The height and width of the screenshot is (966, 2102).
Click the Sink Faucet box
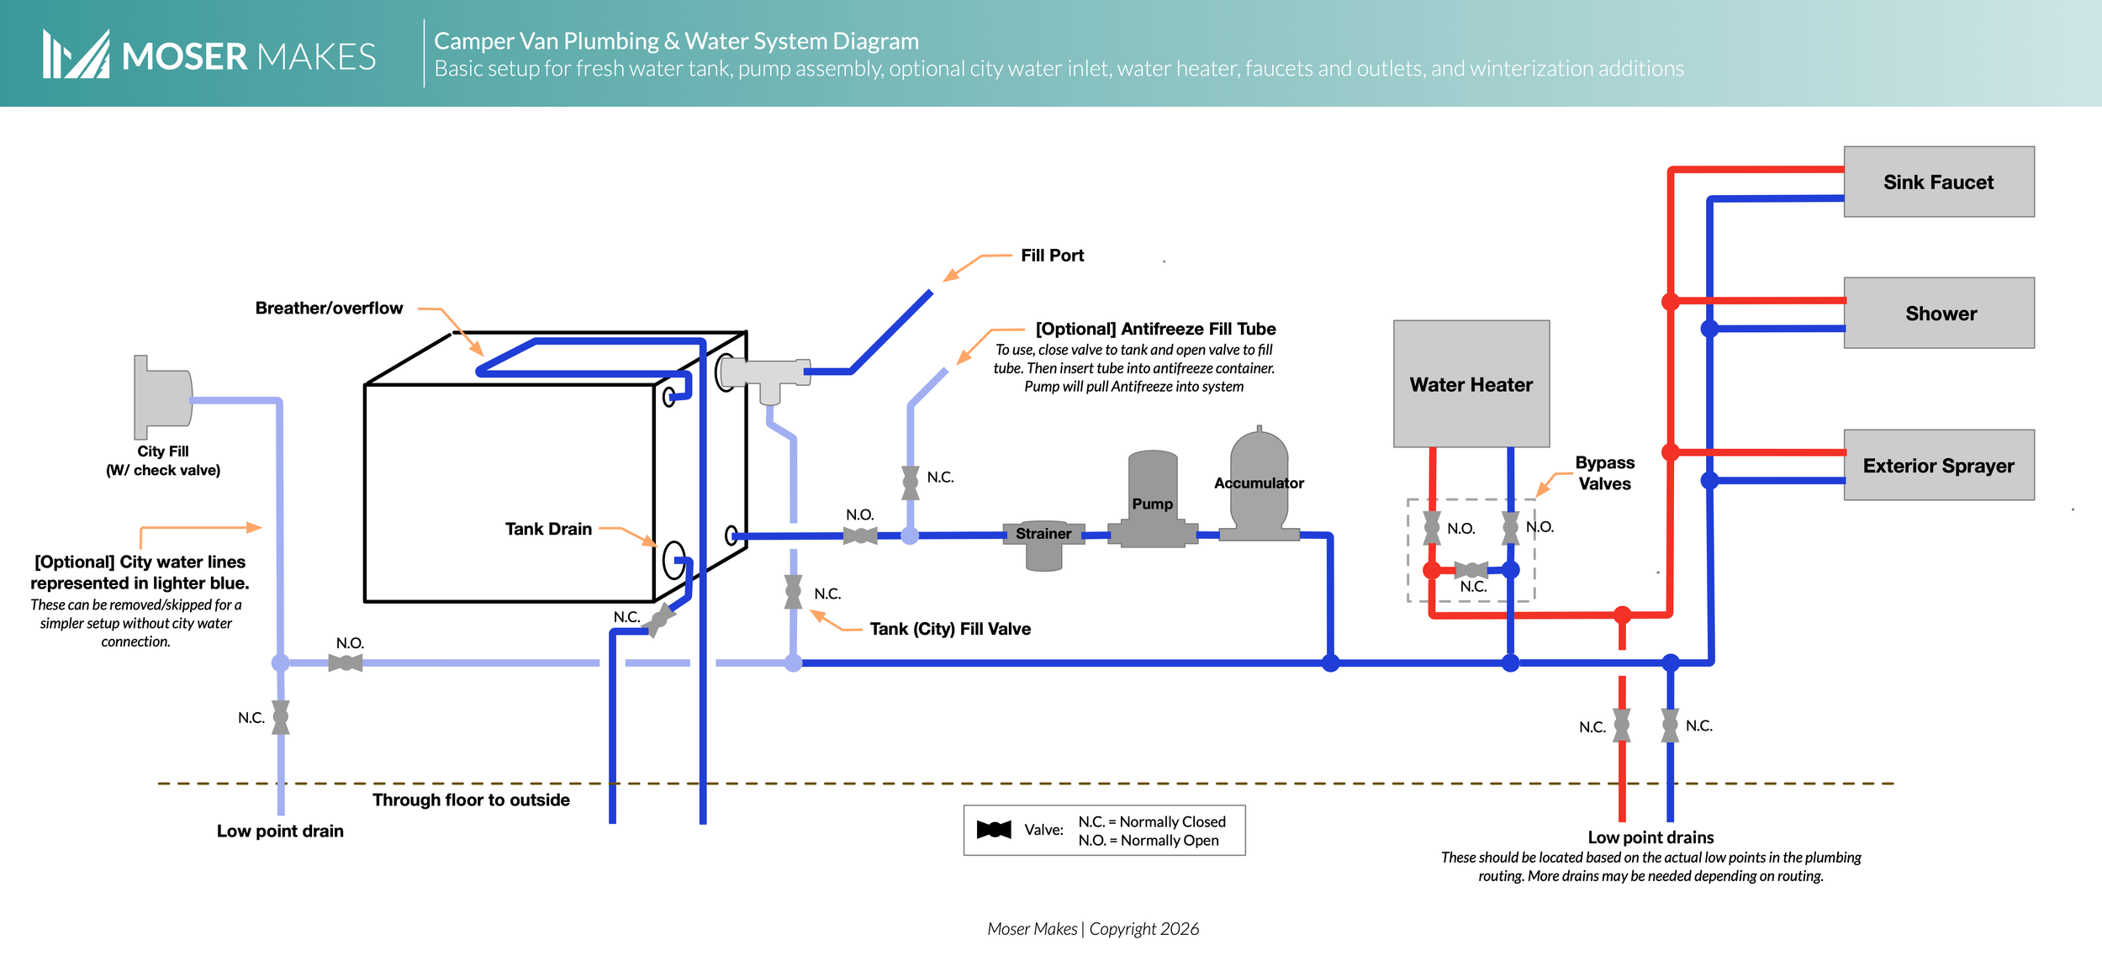pos(1938,182)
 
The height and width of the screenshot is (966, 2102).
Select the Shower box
pos(1938,313)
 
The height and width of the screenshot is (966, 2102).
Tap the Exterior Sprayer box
pos(1938,465)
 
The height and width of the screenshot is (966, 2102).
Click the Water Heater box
pos(1471,383)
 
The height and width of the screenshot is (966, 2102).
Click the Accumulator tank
pos(1259,484)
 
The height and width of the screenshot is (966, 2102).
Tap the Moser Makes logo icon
pos(76,55)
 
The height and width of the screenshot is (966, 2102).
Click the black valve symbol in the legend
pos(993,830)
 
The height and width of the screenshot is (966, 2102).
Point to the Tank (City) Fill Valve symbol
pos(793,592)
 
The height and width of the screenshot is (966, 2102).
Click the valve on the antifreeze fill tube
pos(910,483)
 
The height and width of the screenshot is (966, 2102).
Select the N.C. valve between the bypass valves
pos(1471,570)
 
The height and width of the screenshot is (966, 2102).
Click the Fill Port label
pos(1052,256)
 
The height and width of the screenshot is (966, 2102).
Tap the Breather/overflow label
pos(329,309)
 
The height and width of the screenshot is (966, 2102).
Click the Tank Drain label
pos(548,529)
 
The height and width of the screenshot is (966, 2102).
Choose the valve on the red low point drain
pos(1621,725)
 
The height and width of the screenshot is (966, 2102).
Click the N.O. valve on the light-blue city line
pos(346,662)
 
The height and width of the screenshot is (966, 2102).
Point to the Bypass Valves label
pos(1604,472)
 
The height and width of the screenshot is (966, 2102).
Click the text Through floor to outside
pos(471,800)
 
